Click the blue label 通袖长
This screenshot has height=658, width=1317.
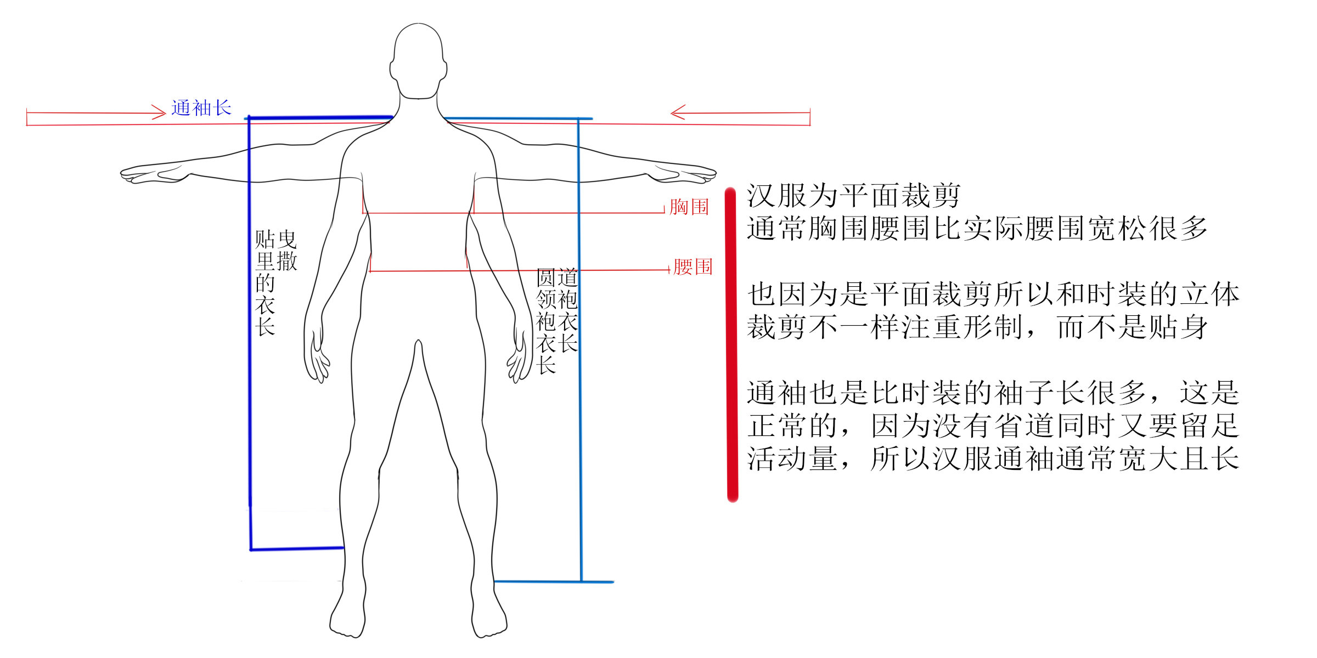point(201,108)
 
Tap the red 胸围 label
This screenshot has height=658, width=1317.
point(689,207)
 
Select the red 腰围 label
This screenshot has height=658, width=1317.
point(693,267)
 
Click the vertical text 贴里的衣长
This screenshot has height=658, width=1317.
point(265,283)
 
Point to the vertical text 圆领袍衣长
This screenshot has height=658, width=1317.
point(546,321)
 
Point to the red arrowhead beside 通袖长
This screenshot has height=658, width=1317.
point(159,113)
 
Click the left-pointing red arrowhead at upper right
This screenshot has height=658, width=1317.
point(678,113)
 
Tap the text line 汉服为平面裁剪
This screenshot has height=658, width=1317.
point(853,196)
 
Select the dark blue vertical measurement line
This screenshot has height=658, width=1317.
point(250,329)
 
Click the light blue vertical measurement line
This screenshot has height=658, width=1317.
point(579,351)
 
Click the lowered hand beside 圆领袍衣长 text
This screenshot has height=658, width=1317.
point(518,362)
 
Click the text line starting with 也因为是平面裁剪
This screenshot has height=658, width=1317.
point(993,294)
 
